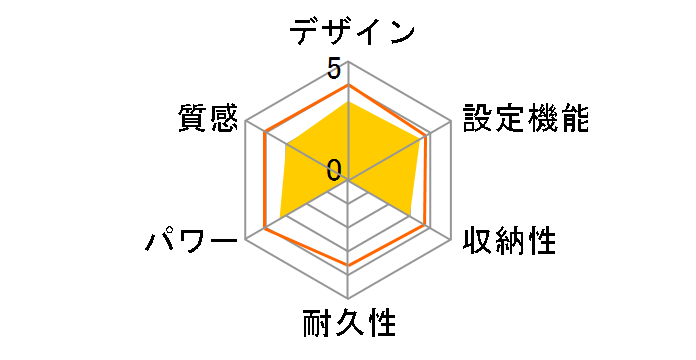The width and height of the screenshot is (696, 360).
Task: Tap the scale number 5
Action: point(333,69)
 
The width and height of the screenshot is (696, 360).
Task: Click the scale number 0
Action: point(333,169)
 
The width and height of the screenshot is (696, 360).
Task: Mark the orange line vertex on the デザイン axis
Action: point(348,85)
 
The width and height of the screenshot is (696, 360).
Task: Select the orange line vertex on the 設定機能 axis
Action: point(430,133)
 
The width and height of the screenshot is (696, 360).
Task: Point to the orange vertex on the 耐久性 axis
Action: point(348,268)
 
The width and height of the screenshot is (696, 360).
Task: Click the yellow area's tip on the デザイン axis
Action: point(348,99)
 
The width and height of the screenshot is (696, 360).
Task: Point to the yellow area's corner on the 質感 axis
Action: point(284,146)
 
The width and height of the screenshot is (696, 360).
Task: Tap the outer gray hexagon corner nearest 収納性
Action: point(450,240)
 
